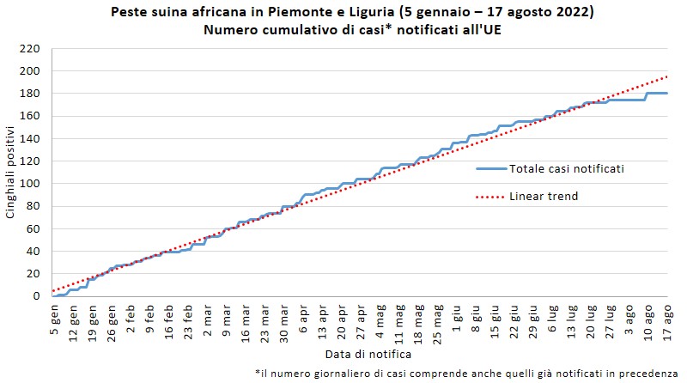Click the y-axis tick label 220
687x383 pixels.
coord(31,48)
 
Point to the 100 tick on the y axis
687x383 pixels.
coord(31,183)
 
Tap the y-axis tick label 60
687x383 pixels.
coord(33,228)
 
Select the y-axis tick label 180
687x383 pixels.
coord(31,93)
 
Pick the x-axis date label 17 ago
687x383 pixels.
coord(667,319)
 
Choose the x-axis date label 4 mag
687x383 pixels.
coord(380,319)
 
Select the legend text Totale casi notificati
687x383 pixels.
coord(566,169)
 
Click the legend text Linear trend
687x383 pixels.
coord(544,197)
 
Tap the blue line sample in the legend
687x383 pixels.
coord(489,169)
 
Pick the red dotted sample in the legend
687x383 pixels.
coord(489,197)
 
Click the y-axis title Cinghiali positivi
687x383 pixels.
coord(11,172)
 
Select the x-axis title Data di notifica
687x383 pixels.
coord(368,354)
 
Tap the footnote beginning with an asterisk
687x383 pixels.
coord(466,373)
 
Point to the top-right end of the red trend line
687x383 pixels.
coord(666,76)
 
